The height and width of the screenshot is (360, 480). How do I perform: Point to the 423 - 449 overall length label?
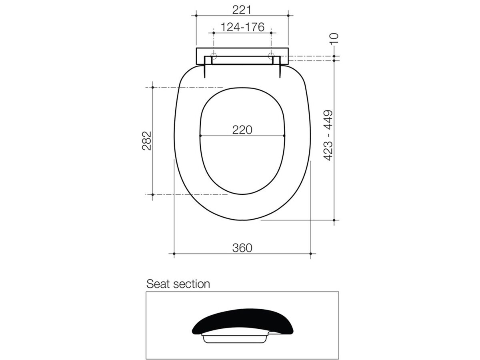[x=328, y=135]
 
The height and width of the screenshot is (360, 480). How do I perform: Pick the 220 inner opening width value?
[x=242, y=130]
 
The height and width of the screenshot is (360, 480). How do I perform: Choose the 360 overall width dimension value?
[x=242, y=248]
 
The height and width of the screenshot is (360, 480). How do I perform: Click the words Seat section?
[x=178, y=284]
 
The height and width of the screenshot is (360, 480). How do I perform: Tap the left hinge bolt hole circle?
[x=214, y=56]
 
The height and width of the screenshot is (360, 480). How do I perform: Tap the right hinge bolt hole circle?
[x=271, y=56]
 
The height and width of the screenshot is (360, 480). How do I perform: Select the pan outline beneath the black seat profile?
[x=234, y=339]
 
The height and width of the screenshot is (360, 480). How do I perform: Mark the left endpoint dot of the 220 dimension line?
[x=200, y=136]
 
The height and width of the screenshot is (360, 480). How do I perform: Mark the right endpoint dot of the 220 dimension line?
[x=284, y=136]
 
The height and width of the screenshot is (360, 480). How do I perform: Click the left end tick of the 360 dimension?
[x=174, y=254]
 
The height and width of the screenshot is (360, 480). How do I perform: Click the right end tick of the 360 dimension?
[x=311, y=254]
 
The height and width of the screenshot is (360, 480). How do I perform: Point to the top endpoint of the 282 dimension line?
[x=152, y=87]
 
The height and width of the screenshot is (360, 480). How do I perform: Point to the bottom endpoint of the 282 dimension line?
[x=152, y=195]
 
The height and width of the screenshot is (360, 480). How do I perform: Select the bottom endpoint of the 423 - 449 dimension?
[x=334, y=220]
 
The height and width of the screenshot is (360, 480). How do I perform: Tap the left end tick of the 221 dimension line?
[x=196, y=16]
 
